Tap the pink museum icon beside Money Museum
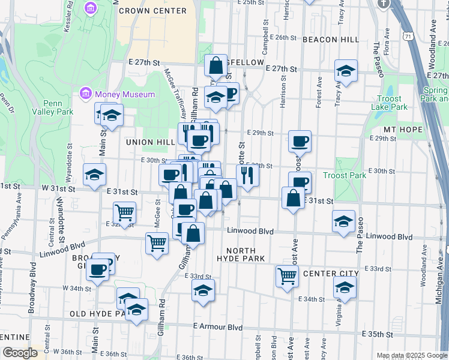point(85,94)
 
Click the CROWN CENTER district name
point(152,11)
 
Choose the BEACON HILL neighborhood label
point(331,40)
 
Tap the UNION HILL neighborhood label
point(149,142)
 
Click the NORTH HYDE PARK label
point(241,255)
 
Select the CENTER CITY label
point(331,274)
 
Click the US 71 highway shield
point(409,37)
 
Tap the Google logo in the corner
point(20,353)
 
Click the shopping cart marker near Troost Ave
point(287,277)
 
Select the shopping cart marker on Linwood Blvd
point(157,243)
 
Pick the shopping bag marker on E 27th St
point(215,65)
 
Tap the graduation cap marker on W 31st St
point(94,175)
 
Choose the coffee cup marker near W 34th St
point(97,269)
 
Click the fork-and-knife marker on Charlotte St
point(247,175)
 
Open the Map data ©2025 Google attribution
point(411,355)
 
